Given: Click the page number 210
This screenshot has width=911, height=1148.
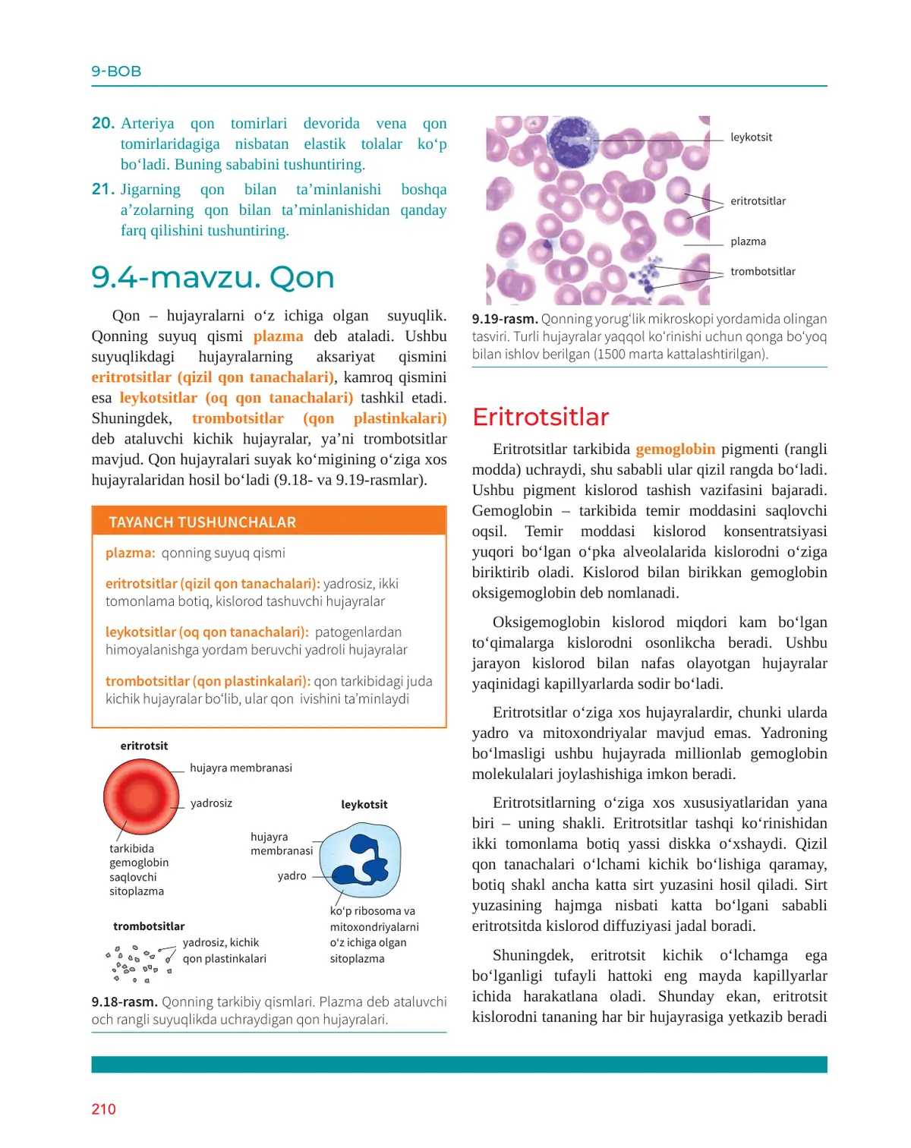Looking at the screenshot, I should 104,1109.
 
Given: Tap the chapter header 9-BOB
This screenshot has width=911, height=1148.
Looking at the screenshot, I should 116,71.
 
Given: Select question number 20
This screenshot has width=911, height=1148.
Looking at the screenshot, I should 103,123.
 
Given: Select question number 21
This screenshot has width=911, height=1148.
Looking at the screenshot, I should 103,189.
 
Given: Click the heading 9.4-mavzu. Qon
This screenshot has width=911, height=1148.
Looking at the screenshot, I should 213,278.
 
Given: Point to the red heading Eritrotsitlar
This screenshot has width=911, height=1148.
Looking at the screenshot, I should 540,417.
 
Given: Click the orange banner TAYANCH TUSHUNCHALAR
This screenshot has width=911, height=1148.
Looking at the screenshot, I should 202,522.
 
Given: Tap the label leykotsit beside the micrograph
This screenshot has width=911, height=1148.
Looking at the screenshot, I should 751,137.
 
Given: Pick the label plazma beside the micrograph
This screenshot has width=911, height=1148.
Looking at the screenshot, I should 748,241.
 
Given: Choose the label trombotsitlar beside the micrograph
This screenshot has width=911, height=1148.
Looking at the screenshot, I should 762,271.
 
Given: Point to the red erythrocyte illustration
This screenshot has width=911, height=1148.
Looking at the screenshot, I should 141,797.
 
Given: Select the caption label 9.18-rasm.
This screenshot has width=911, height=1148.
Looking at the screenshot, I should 125,1002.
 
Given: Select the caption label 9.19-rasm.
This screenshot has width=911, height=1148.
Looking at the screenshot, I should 505,319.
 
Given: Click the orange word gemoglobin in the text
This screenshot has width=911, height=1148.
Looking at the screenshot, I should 675,449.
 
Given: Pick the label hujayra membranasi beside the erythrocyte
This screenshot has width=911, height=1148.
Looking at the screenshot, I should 241,768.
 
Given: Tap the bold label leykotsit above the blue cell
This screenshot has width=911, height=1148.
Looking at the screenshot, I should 364,805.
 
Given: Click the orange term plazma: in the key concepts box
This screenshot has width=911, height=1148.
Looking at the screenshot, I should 131,553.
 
